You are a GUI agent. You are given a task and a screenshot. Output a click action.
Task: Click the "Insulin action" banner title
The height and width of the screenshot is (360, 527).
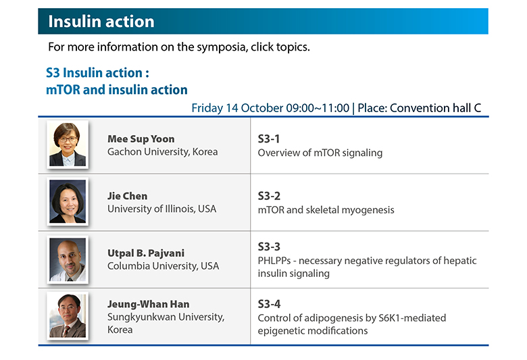[x=101, y=22]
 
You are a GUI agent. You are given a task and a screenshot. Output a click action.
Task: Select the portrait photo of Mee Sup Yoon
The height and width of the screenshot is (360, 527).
[x=68, y=144]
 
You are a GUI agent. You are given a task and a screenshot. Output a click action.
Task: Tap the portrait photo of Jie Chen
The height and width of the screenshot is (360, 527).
[x=68, y=201]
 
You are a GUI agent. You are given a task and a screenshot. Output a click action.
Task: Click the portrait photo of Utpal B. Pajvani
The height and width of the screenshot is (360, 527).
[x=68, y=259]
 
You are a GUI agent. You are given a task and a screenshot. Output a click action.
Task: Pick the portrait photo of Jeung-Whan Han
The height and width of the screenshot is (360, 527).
[x=68, y=316]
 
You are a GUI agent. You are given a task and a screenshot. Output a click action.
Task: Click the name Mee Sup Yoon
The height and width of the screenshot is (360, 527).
[x=141, y=139]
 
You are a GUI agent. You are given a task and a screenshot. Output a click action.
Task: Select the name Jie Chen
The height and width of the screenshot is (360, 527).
[x=128, y=196]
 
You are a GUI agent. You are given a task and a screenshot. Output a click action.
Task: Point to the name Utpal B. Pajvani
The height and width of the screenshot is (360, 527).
[x=146, y=253]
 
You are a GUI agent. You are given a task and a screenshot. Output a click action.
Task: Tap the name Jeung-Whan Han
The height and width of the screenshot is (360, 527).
[x=148, y=304]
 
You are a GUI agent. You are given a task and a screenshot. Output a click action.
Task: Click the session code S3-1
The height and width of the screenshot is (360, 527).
[x=268, y=139]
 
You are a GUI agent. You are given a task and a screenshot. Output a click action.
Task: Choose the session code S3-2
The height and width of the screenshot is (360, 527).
[x=269, y=196]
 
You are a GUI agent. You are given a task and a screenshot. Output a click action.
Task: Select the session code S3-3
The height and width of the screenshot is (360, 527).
[x=269, y=247]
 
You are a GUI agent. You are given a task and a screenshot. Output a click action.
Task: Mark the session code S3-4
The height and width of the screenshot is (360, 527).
[x=269, y=304]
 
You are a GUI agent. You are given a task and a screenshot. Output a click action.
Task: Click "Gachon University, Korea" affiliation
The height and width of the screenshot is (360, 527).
[x=162, y=152]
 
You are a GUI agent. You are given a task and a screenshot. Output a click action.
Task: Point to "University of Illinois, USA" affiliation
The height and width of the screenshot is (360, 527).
[x=161, y=209]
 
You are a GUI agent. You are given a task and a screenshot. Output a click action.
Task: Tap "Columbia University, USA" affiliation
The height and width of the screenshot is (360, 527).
[x=163, y=266]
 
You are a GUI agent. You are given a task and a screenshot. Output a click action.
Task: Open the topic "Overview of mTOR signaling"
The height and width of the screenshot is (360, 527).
[x=320, y=153]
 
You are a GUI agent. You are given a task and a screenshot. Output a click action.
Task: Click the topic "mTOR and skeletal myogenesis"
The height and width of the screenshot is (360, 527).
[x=326, y=210]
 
